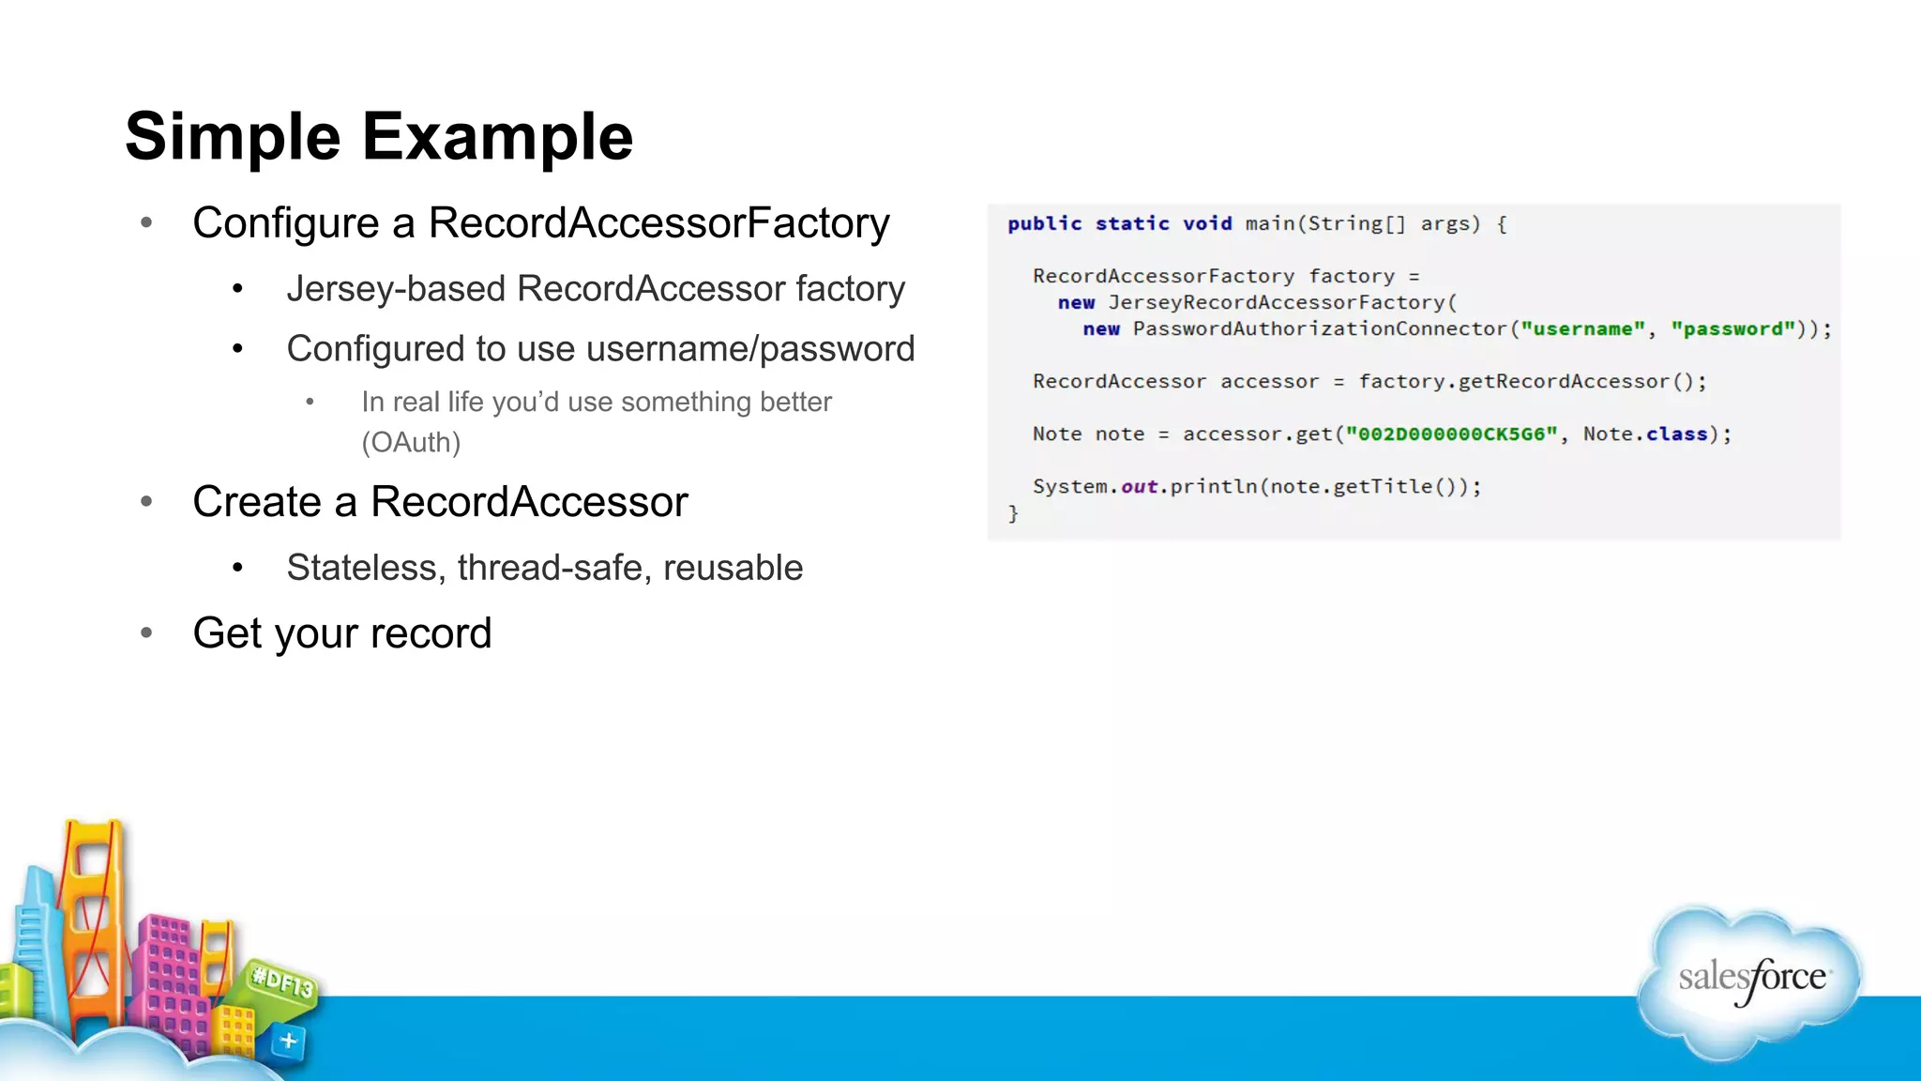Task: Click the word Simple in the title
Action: click(232, 137)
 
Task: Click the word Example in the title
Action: click(497, 137)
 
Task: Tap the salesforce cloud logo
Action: click(1750, 980)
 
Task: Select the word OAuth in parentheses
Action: click(411, 442)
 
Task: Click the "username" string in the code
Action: click(1582, 329)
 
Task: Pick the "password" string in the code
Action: click(1732, 329)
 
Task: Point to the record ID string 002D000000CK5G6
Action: click(1451, 434)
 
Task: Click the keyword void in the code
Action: click(1206, 224)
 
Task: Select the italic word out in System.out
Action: click(1139, 487)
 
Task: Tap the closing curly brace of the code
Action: click(1013, 513)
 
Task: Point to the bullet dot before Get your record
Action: click(146, 633)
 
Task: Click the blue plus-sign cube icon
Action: click(288, 1042)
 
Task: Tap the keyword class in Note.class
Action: click(1676, 434)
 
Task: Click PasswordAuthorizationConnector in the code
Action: click(1320, 329)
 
